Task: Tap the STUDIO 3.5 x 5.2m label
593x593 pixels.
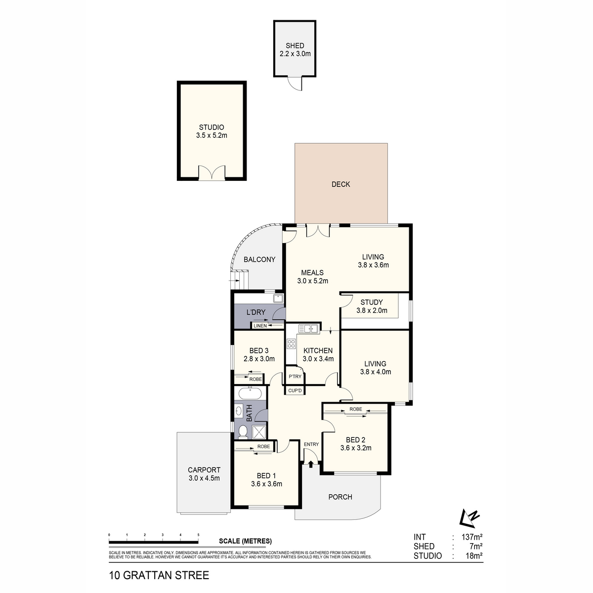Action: tap(211, 131)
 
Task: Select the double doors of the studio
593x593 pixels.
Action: tap(212, 173)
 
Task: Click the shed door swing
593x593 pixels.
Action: tap(295, 84)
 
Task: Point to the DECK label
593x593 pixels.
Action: tap(340, 184)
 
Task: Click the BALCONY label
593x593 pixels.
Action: tap(259, 259)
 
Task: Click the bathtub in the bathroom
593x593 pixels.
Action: tap(250, 394)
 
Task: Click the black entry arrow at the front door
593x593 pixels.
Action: tap(311, 464)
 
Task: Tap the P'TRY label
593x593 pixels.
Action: tap(295, 377)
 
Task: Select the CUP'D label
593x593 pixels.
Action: tap(295, 390)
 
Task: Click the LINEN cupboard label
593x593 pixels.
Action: tap(260, 326)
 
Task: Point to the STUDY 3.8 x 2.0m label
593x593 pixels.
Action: tap(372, 306)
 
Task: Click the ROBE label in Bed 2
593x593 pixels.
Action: tap(355, 409)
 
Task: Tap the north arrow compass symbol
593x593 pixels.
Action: tap(469, 517)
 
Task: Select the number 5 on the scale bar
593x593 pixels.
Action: tap(198, 535)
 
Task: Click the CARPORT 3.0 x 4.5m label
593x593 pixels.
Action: tap(204, 474)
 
